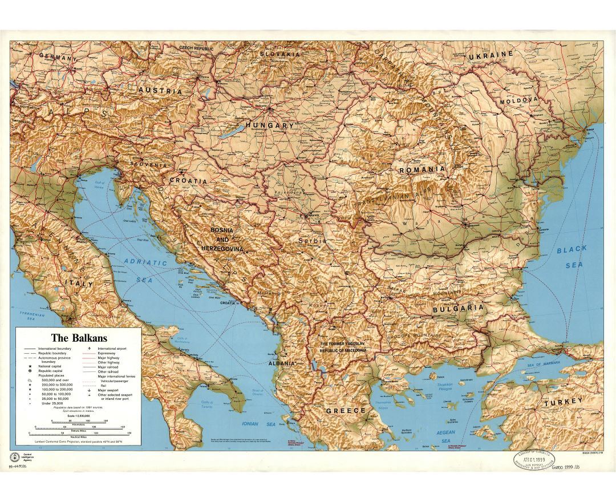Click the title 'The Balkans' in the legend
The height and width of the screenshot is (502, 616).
pyautogui.click(x=79, y=338)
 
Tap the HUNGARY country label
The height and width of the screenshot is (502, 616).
pyautogui.click(x=270, y=125)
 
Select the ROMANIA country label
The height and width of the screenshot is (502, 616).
pyautogui.click(x=422, y=170)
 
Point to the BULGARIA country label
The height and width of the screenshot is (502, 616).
pyautogui.click(x=458, y=308)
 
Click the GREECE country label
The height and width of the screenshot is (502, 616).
pyautogui.click(x=346, y=411)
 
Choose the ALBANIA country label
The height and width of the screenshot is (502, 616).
pyautogui.click(x=282, y=363)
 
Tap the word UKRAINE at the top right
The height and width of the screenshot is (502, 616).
pyautogui.click(x=491, y=55)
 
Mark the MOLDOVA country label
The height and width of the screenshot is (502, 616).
pyautogui.click(x=519, y=100)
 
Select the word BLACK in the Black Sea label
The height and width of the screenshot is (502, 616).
pyautogui.click(x=572, y=249)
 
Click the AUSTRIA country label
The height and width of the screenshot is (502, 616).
pyautogui.click(x=160, y=91)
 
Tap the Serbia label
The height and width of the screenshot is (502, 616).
pyautogui.click(x=313, y=241)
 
